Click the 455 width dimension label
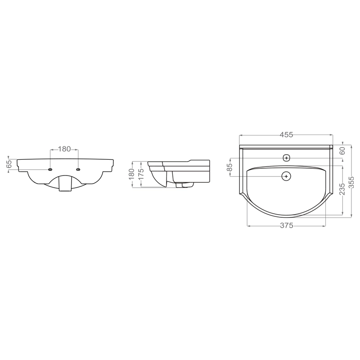pos(286,135)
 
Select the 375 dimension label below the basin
pos(287,226)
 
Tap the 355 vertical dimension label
pos(351,182)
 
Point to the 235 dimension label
pos(342,189)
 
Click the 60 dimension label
pos(342,151)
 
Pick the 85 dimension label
pos(229,167)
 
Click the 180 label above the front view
pos(64,149)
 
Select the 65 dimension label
pos(9,164)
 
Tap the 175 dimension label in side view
pos(141,174)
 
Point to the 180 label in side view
pos(131,174)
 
